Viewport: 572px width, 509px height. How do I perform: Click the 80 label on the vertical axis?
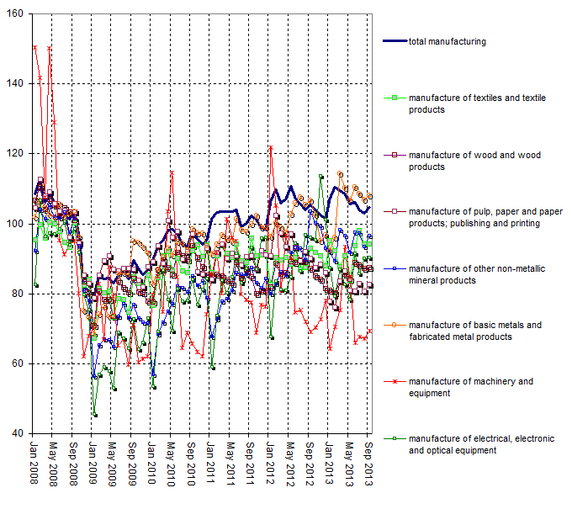pyautogui.click(x=18, y=294)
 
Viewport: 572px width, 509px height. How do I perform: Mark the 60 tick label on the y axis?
pyautogui.click(x=18, y=363)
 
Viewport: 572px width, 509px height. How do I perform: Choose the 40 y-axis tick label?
pyautogui.click(x=18, y=433)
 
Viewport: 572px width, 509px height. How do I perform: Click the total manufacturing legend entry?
pyautogui.click(x=447, y=41)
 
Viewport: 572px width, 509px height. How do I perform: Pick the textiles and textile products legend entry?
pyautogui.click(x=476, y=104)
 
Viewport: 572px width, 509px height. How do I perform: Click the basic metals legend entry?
pyautogui.click(x=475, y=331)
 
